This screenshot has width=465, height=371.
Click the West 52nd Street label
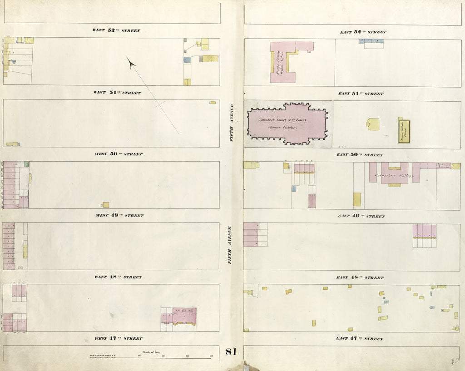click(x=116, y=30)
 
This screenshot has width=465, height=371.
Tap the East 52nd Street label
click(x=363, y=32)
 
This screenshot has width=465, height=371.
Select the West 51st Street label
click(x=117, y=93)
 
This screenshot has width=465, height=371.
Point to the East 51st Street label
click(x=361, y=94)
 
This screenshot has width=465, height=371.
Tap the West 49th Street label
click(x=119, y=216)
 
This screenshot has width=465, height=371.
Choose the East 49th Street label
click(x=361, y=216)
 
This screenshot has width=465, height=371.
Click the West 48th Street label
click(x=118, y=277)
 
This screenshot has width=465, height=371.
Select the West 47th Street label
click(x=118, y=339)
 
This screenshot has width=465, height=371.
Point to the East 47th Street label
click(x=360, y=339)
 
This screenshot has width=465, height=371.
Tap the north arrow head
click(x=131, y=64)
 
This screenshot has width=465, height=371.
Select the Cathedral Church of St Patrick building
click(x=287, y=124)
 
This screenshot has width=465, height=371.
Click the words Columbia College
click(x=394, y=175)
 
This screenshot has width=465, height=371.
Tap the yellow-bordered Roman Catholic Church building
click(x=404, y=131)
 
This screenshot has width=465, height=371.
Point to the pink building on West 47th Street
click(x=178, y=316)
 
